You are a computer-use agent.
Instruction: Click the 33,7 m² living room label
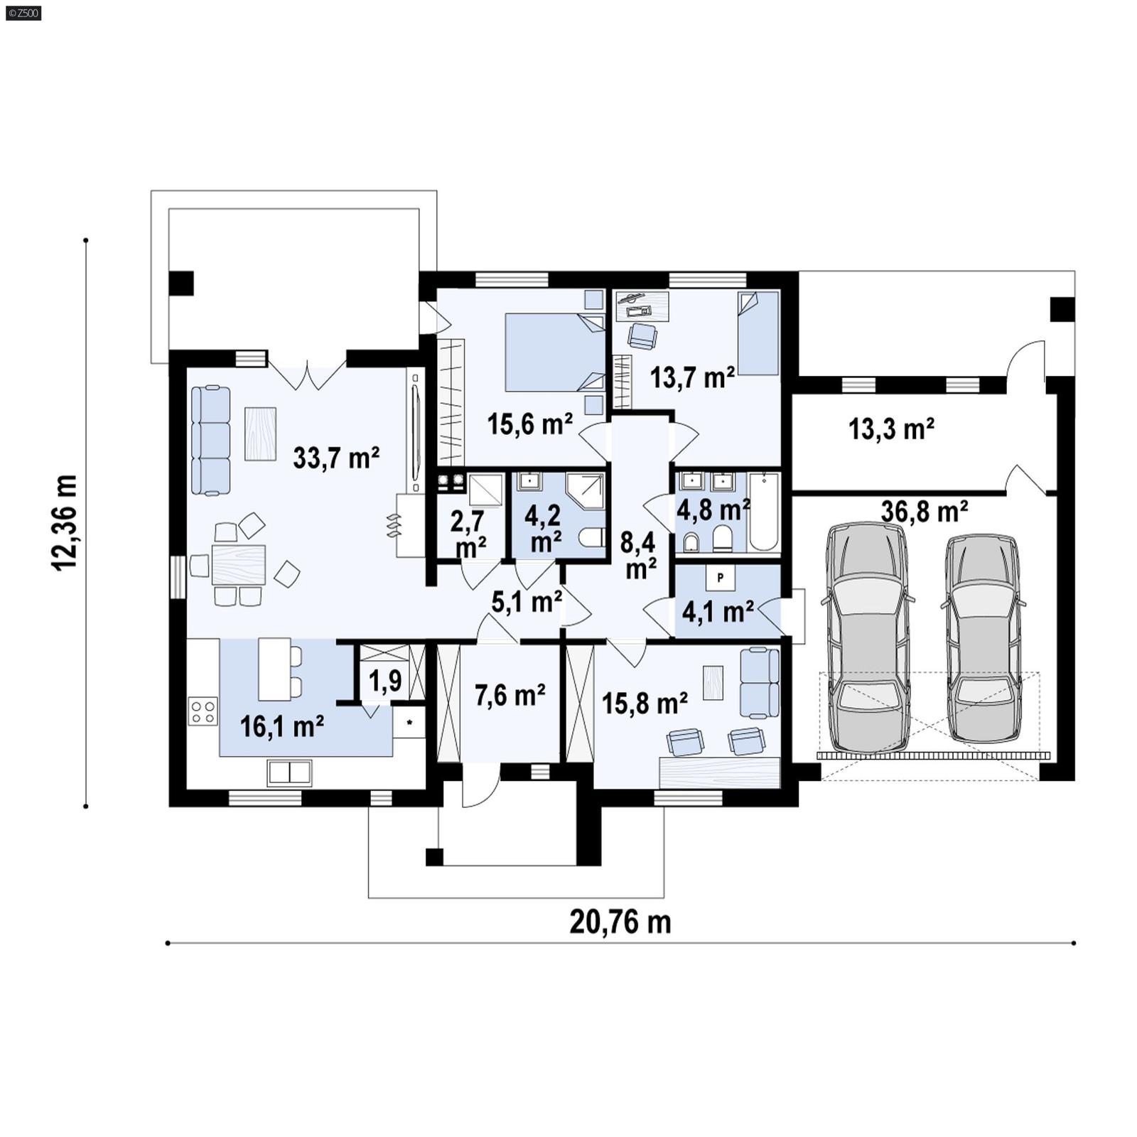336,458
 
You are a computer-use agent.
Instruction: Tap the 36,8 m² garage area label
924,511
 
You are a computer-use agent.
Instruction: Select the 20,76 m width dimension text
620,922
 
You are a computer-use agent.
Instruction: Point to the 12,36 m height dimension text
65,522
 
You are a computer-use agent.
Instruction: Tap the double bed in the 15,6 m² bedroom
554,352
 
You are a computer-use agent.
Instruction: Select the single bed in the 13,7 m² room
758,333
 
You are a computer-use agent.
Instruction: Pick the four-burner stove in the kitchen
203,711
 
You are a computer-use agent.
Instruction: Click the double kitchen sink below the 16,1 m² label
289,773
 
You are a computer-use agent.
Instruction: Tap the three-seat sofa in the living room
211,441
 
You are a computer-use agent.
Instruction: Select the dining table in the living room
239,564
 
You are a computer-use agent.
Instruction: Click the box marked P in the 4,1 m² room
720,578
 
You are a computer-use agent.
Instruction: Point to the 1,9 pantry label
385,681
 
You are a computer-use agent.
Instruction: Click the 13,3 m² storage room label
891,429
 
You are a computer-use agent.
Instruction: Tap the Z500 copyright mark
23,12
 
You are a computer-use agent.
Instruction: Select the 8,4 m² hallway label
640,555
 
